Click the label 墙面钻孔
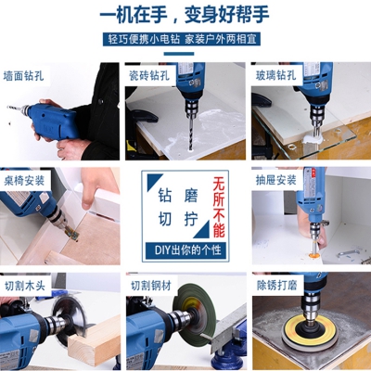23,76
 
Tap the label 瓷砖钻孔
149,75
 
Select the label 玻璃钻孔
276,75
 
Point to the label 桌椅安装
24,181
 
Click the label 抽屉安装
276,180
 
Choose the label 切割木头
25,286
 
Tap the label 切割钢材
151,286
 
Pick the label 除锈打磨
277,285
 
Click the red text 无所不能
219,207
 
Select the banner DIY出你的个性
185,249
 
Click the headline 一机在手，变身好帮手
185,14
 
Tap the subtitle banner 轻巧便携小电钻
144,40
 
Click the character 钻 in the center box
165,195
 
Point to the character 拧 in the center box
191,219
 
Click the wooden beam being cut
94,341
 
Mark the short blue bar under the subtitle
179,54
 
